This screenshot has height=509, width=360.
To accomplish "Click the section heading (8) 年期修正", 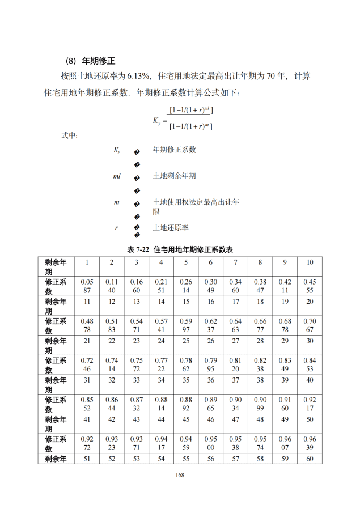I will pyautogui.click(x=91, y=61).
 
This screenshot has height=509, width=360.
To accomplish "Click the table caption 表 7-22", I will pyautogui.click(x=139, y=249).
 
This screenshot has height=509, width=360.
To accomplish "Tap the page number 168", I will pyautogui.click(x=180, y=475).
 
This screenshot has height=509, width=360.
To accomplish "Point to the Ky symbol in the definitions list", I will pyautogui.click(x=116, y=150).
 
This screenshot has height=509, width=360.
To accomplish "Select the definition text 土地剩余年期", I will pyautogui.click(x=174, y=176).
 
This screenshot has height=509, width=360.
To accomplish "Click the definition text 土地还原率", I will pyautogui.click(x=171, y=227).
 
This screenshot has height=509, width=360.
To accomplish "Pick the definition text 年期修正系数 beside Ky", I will pyautogui.click(x=174, y=150).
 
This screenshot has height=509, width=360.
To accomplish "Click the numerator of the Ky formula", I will pyautogui.click(x=191, y=110).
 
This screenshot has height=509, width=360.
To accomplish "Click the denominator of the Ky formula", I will pyautogui.click(x=190, y=126).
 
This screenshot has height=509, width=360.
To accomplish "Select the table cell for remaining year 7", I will pyautogui.click(x=235, y=262).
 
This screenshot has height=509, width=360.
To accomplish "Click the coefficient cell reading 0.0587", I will pyautogui.click(x=87, y=286).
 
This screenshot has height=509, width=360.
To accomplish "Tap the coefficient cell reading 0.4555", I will pyautogui.click(x=310, y=286).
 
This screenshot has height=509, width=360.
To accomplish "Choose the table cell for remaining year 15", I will pyautogui.click(x=186, y=302).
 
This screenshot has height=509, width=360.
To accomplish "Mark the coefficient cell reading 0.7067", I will pyautogui.click(x=310, y=325).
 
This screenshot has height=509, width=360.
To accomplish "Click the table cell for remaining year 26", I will pyautogui.click(x=210, y=341).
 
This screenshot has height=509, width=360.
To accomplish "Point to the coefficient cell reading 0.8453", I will pyautogui.click(x=310, y=364).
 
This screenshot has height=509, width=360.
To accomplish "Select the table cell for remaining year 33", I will pyautogui.click(x=136, y=380).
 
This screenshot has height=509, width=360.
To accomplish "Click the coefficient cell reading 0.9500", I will pyautogui.click(x=210, y=443).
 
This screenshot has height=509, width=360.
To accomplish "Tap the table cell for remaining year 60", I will pyautogui.click(x=310, y=459).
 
